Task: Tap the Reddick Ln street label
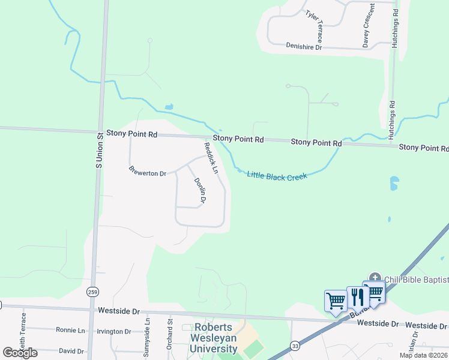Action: (210, 158)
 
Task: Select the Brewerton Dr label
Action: (147, 173)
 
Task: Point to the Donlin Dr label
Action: (199, 191)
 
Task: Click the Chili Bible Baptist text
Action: (417, 280)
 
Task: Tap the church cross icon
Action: (375, 278)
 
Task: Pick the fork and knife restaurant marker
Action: (357, 296)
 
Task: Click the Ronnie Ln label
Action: (70, 331)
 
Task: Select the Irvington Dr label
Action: (115, 331)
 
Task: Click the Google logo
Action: (20, 352)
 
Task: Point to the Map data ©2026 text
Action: (423, 355)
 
